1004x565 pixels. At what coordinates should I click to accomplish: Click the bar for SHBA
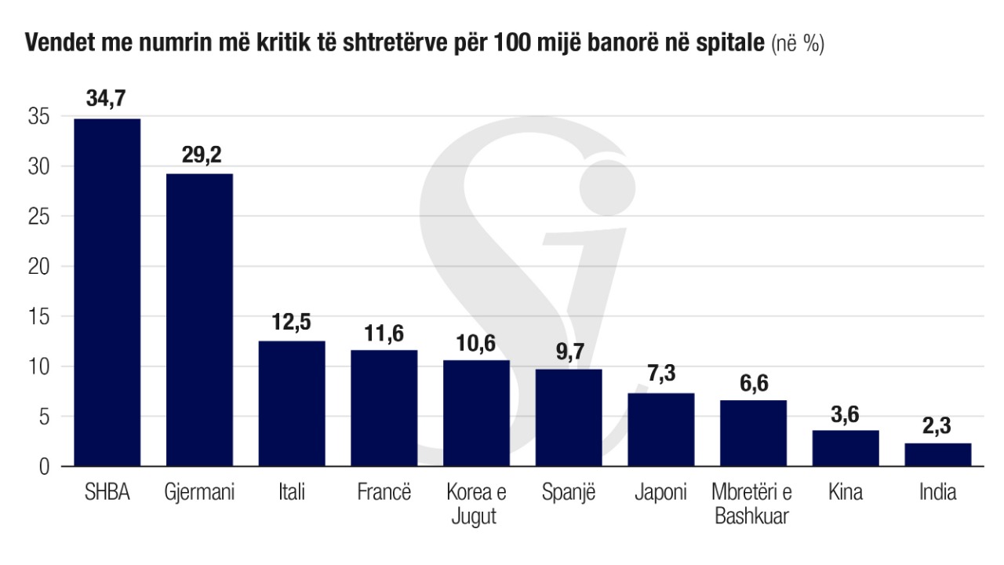click(x=107, y=292)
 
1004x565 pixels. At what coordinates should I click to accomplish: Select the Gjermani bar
click(x=199, y=319)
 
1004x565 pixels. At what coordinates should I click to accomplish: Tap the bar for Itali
click(x=292, y=403)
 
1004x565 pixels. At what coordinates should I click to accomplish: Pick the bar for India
click(x=937, y=454)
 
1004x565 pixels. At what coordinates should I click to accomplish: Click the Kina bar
click(x=845, y=448)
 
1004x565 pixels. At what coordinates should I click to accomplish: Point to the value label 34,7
click(x=107, y=100)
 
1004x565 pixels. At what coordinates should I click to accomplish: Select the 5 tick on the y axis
click(x=43, y=417)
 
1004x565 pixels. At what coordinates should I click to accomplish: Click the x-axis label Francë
click(x=384, y=493)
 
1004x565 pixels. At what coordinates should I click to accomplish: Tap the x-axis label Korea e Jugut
click(x=476, y=505)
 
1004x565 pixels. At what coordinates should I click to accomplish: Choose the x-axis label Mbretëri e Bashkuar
click(x=753, y=505)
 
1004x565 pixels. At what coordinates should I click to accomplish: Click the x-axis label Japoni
click(x=660, y=493)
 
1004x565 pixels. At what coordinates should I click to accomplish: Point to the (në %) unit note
click(x=798, y=44)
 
